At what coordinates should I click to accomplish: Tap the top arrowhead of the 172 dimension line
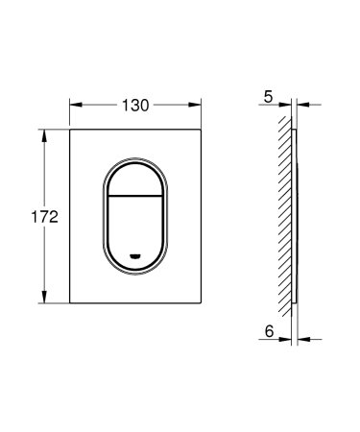pos(43,132)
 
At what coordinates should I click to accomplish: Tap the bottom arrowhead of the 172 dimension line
pos(43,300)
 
